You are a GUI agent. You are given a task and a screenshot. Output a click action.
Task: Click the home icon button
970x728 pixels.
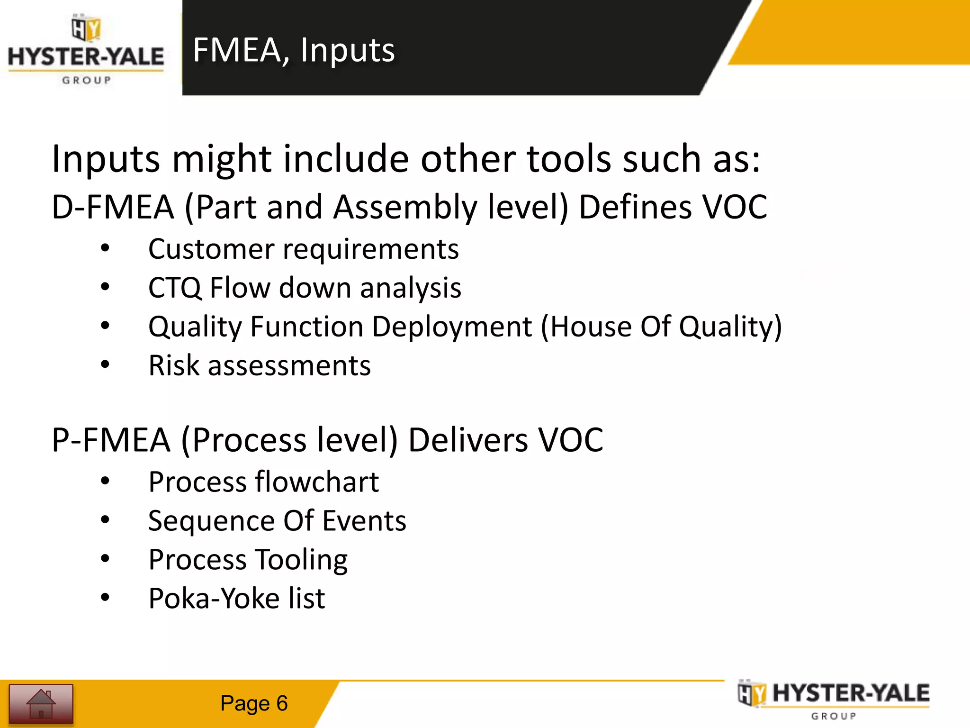tap(41, 703)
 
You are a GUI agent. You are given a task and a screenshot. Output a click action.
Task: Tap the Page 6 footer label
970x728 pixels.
tap(254, 703)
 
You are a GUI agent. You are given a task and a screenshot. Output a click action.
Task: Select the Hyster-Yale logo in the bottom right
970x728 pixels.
tap(834, 699)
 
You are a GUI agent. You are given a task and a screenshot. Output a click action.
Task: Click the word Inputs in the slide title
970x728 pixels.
tap(347, 50)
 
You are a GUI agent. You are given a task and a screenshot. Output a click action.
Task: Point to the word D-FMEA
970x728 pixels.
tap(113, 208)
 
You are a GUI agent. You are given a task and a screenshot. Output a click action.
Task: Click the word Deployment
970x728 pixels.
tap(452, 327)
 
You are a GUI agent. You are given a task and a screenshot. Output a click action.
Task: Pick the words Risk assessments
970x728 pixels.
tap(260, 366)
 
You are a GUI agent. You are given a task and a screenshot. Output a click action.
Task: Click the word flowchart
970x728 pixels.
tap(317, 482)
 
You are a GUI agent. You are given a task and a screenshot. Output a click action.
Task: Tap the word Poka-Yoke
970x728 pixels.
tap(213, 599)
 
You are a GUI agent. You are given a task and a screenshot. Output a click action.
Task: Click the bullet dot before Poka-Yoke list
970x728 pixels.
tap(105, 598)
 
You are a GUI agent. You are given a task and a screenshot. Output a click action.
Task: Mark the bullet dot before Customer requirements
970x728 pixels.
tap(105, 248)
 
